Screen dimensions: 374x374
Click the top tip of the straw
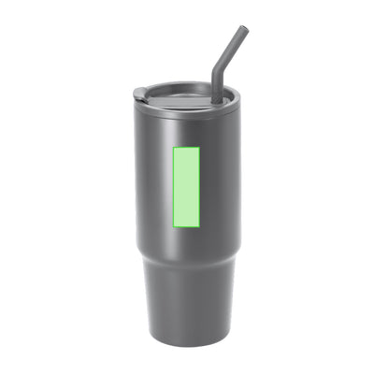pos(243,30)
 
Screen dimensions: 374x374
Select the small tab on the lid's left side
pos(139,93)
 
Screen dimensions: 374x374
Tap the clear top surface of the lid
pos(182,93)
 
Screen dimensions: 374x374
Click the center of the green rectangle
pos(187,187)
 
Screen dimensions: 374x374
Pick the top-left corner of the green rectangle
pos(173,147)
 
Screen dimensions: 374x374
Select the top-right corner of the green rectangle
pos(201,147)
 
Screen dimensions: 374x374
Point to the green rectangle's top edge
pos(187,147)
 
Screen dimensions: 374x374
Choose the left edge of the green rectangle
pos(173,187)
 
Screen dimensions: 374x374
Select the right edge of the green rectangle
pos(201,187)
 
